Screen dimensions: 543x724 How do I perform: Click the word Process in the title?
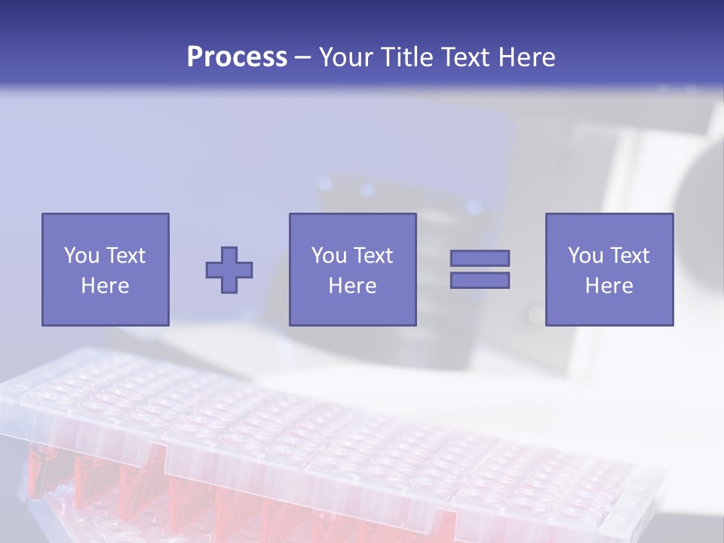point(237,57)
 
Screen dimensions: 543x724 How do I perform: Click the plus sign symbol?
point(229,269)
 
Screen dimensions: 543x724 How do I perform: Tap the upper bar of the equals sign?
point(480,258)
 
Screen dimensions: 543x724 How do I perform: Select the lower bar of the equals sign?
point(480,280)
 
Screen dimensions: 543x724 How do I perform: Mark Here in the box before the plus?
point(105,286)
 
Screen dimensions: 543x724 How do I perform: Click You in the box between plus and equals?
point(328,256)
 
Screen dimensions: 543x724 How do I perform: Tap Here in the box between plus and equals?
point(352,286)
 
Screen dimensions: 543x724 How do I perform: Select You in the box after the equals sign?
point(584,256)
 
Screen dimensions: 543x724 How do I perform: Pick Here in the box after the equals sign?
point(609,286)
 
